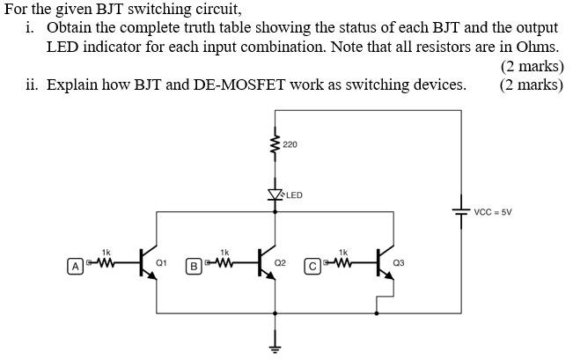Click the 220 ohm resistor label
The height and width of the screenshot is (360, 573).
(290, 143)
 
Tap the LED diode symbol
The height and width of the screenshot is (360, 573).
(275, 195)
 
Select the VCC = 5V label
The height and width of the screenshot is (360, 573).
(492, 212)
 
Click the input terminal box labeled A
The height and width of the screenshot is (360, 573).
(76, 264)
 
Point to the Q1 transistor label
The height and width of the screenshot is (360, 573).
(161, 262)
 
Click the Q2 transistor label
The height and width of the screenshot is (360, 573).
(280, 262)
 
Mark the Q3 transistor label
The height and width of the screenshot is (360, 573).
(399, 262)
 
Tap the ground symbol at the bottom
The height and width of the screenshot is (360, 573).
(275, 343)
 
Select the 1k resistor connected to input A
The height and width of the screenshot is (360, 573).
(106, 261)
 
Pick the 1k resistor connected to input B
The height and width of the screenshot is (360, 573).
(224, 261)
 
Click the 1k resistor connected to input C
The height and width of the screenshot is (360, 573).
(342, 261)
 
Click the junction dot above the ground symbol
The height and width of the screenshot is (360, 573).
(275, 312)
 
